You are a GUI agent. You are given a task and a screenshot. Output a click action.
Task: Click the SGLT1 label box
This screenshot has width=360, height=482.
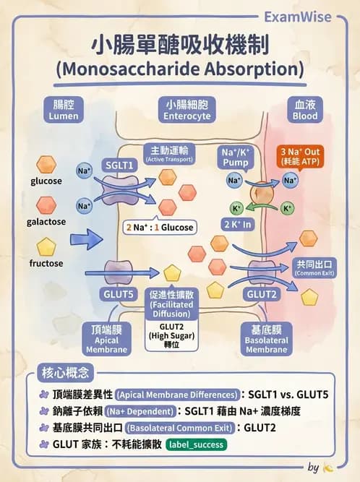pos(121,165)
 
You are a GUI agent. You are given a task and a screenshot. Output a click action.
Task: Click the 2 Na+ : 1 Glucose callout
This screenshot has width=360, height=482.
pos(160,227)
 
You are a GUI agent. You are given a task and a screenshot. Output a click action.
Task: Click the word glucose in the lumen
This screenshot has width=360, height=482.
pos(46,181)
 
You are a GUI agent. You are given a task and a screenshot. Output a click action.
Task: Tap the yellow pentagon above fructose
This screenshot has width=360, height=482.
pos(46,246)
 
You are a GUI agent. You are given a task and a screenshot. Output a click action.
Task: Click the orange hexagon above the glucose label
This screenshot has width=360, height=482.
pos(47,163)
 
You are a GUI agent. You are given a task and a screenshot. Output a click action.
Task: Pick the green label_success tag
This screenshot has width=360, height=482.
pos(195,445)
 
